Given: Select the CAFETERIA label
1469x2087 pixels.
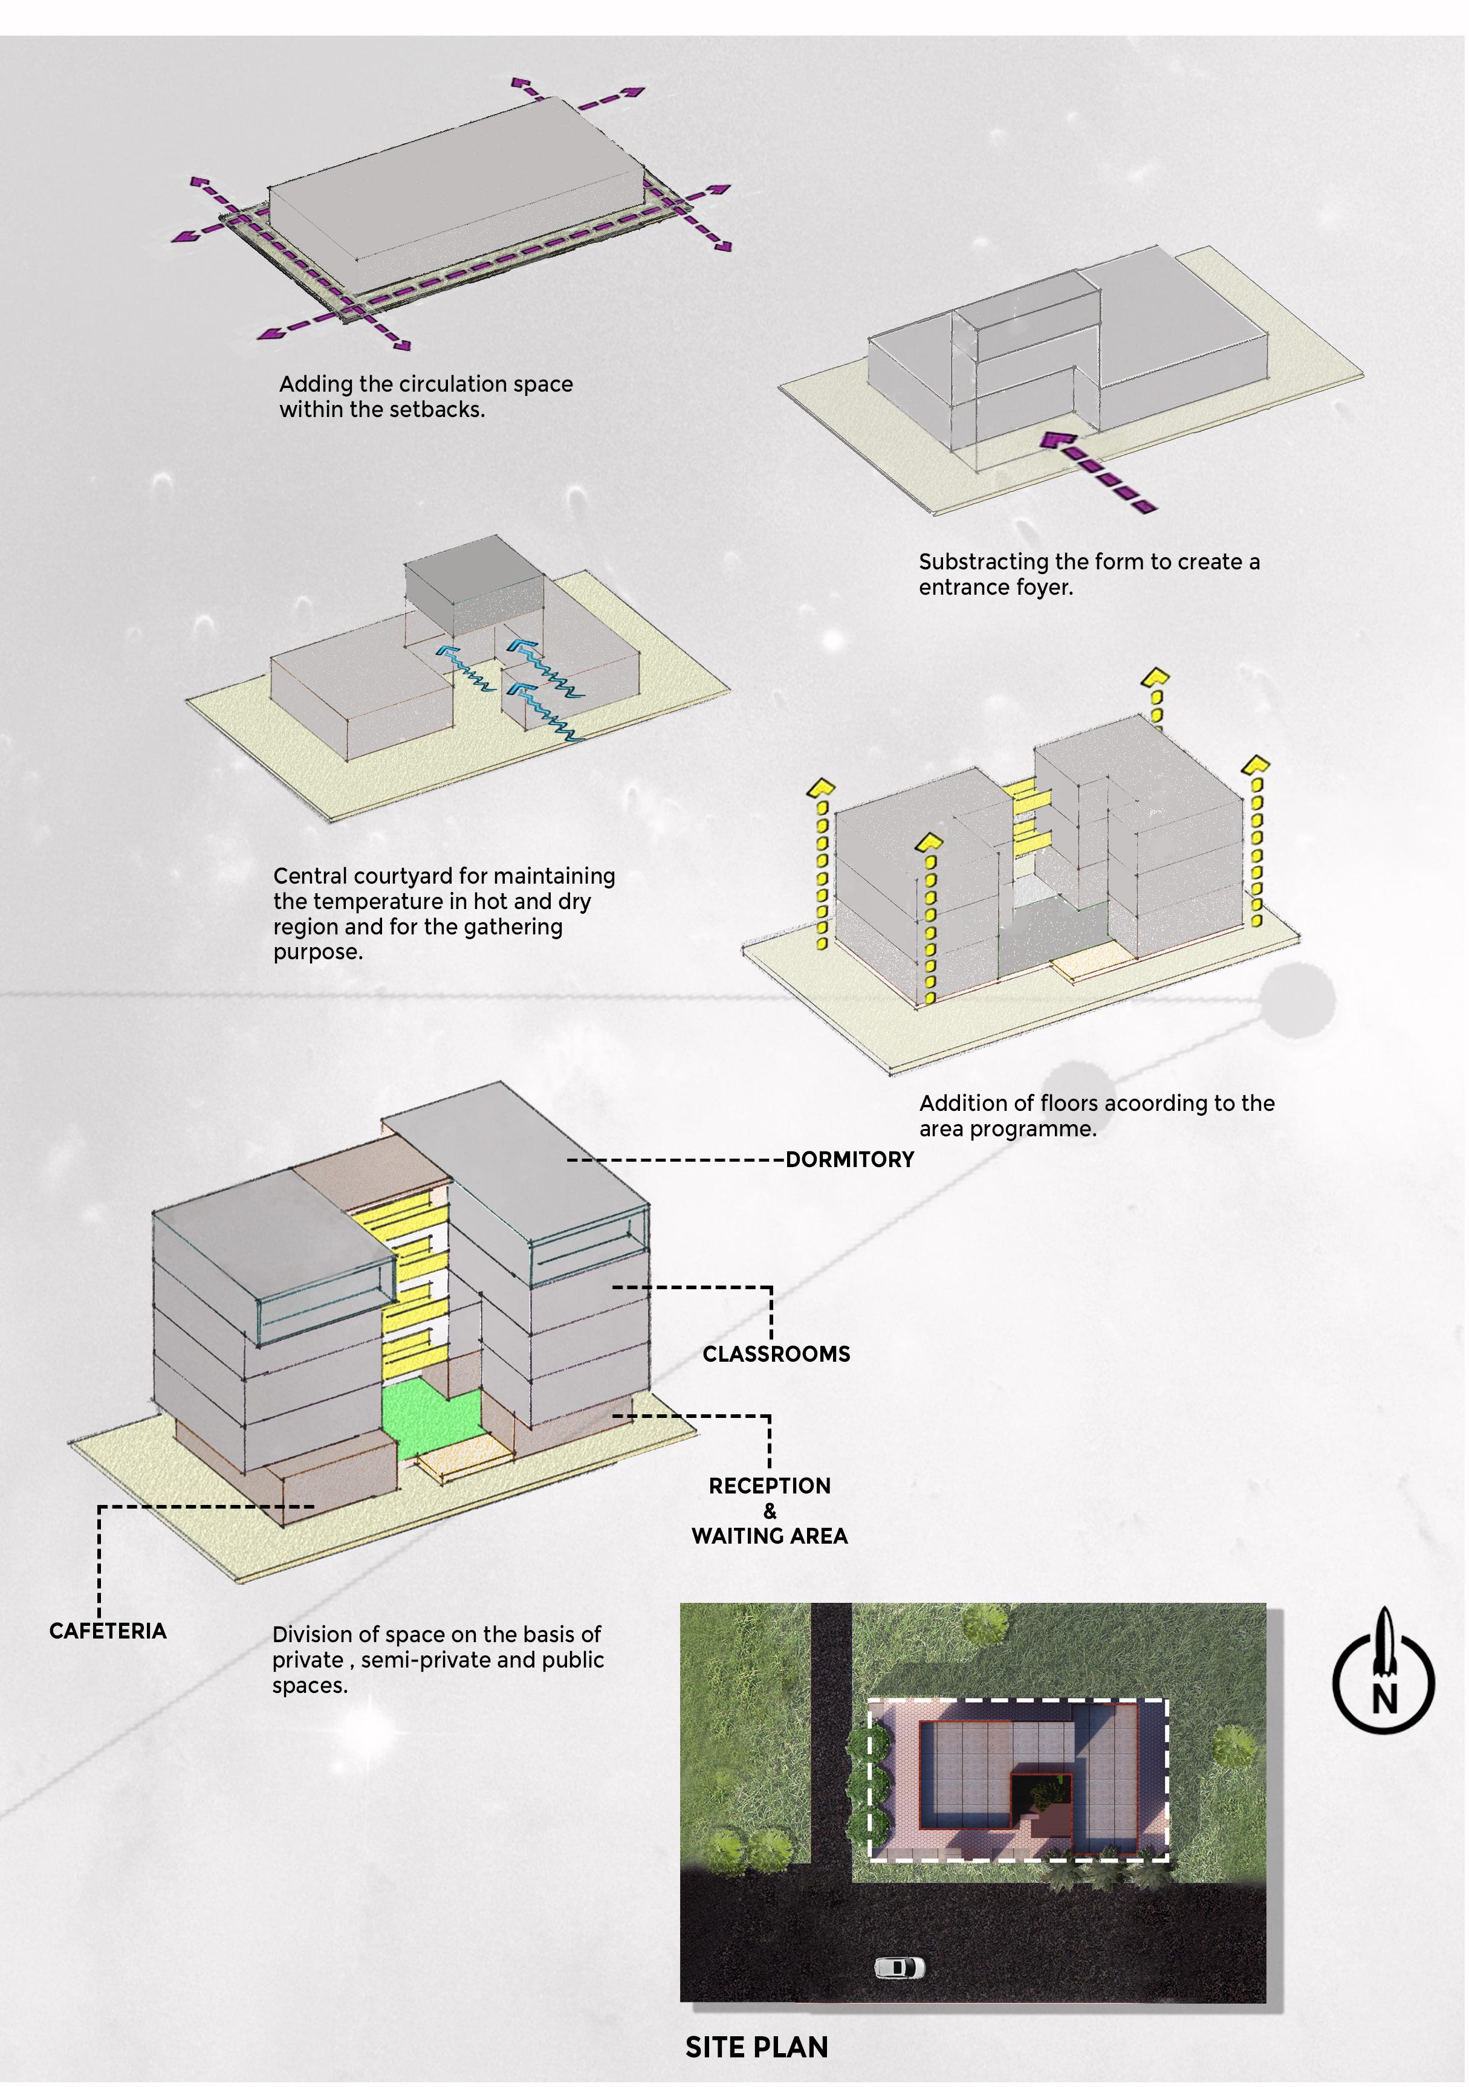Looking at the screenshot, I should point(107,1631).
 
